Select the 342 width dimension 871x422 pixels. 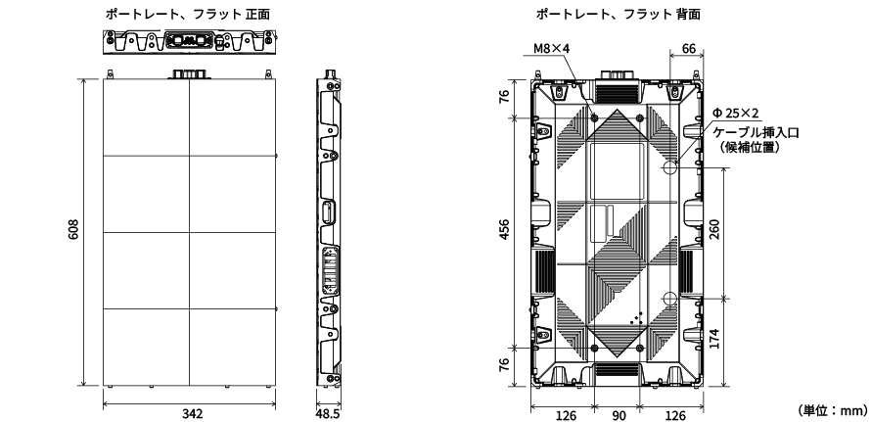[193, 413]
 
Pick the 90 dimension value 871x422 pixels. [617, 413]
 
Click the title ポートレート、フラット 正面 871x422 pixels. [192, 13]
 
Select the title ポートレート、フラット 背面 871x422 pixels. [618, 13]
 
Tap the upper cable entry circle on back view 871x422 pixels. [670, 167]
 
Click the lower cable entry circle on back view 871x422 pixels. [670, 299]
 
